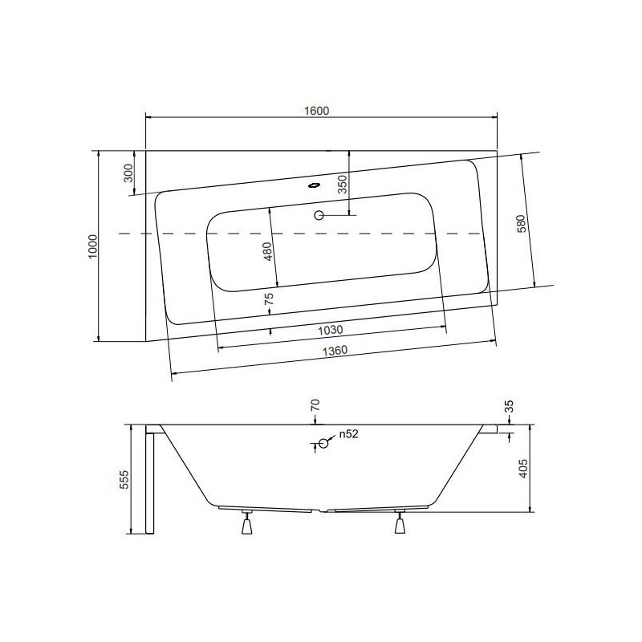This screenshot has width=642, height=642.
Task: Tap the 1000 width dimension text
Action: (93, 246)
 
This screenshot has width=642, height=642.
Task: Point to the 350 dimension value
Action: (342, 185)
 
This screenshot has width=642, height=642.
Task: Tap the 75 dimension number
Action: (270, 301)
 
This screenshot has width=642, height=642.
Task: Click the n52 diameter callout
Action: (347, 434)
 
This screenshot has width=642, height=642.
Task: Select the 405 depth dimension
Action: (522, 469)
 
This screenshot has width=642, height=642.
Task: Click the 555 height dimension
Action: (123, 480)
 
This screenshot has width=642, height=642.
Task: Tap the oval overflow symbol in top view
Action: (314, 183)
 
